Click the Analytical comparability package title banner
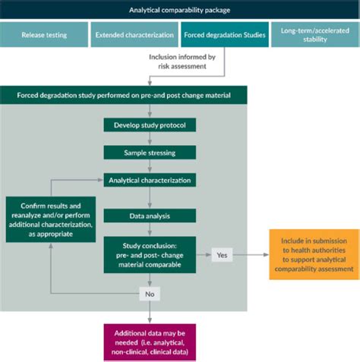tap(180, 10)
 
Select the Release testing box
tap(44, 35)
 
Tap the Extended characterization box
tap(134, 35)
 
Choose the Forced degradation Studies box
tap(225, 35)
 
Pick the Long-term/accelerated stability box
tap(315, 35)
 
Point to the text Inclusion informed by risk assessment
tap(182, 61)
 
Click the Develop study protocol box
tap(150, 125)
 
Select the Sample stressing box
tap(150, 153)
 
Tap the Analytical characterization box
tap(150, 180)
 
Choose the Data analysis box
tap(150, 216)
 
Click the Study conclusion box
tap(150, 255)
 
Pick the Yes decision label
tap(222, 255)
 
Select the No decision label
tap(150, 294)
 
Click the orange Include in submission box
tap(314, 254)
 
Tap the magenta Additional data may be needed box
tap(150, 342)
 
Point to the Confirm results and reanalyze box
tap(51, 219)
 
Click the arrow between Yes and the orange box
tap(251, 255)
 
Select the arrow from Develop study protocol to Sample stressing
tap(150, 139)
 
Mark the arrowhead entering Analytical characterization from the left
tap(100, 180)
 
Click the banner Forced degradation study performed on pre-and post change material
tap(124, 95)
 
